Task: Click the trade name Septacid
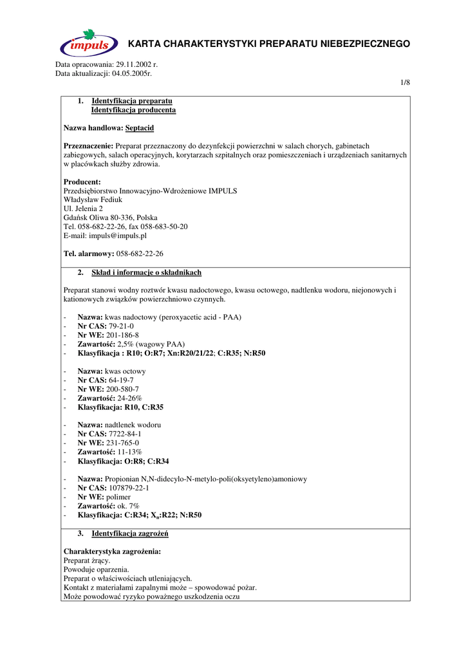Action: [x=140, y=128]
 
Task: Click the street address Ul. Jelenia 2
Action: [x=83, y=209]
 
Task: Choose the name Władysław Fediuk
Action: [x=93, y=200]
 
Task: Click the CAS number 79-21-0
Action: [x=122, y=326]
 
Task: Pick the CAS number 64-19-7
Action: [x=122, y=380]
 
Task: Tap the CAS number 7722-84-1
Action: [x=126, y=434]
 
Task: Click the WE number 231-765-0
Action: [x=122, y=443]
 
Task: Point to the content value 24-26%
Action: [x=128, y=398]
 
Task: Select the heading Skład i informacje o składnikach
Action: [x=146, y=272]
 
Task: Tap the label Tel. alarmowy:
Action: [x=89, y=254]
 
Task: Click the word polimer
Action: [x=118, y=497]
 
